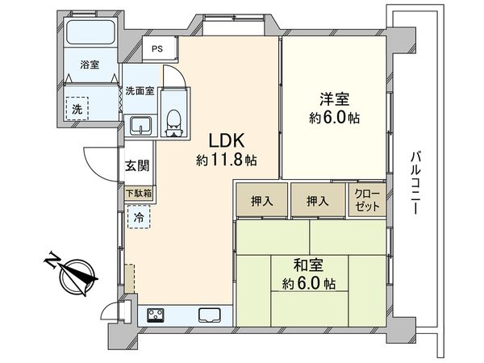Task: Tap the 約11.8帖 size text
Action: point(226,160)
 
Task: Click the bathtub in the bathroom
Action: point(90,33)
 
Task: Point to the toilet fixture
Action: point(173,117)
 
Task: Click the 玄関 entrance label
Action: point(136,166)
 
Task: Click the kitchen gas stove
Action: point(155,314)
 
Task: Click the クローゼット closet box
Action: point(365,199)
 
